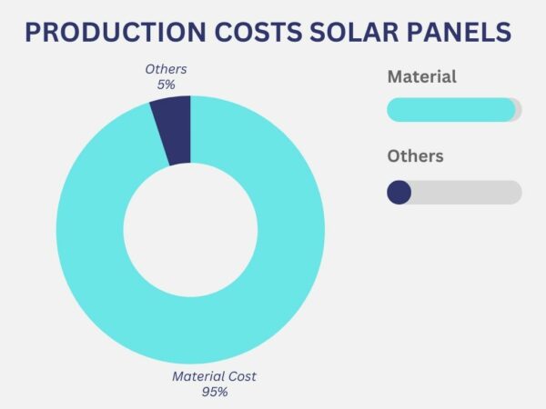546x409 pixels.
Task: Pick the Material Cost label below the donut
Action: coord(215,376)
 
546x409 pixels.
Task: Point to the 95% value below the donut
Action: coord(215,392)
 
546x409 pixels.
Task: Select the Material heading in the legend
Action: coord(421,76)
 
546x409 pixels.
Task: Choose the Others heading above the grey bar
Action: coord(415,156)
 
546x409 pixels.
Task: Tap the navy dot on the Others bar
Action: coord(399,192)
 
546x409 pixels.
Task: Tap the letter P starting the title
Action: coord(32,34)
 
